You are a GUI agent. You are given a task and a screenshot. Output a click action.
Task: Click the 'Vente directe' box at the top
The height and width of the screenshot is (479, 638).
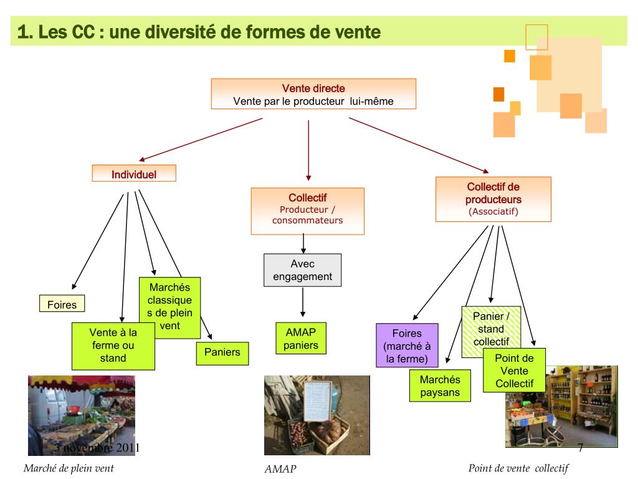(x=313, y=94)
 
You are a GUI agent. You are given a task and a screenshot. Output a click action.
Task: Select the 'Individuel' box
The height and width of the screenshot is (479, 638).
(x=134, y=174)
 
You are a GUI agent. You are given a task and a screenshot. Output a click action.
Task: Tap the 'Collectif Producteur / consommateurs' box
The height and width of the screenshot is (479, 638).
(x=307, y=211)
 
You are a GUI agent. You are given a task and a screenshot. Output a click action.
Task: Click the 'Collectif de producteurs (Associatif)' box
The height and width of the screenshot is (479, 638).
(x=493, y=199)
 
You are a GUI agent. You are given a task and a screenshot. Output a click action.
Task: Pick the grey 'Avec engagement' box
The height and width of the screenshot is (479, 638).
(x=302, y=270)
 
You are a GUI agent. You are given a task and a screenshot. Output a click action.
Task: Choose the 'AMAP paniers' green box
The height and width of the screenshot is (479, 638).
(x=301, y=338)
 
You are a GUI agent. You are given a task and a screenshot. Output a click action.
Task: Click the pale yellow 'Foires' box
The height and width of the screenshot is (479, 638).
(x=62, y=304)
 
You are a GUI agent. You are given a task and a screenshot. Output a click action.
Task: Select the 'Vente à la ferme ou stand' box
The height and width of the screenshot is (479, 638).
(x=113, y=346)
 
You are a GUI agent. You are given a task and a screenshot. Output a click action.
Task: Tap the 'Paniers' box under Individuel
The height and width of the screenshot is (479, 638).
(x=222, y=352)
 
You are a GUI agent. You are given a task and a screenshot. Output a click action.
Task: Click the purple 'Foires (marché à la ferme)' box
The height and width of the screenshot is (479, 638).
(x=407, y=345)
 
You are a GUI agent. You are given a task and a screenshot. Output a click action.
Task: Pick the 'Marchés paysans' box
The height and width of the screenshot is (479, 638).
(x=439, y=385)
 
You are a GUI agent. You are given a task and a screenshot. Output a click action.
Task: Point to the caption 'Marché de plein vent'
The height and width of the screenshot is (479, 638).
(x=69, y=468)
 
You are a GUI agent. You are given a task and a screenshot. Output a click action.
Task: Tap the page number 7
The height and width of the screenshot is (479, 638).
(x=580, y=448)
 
